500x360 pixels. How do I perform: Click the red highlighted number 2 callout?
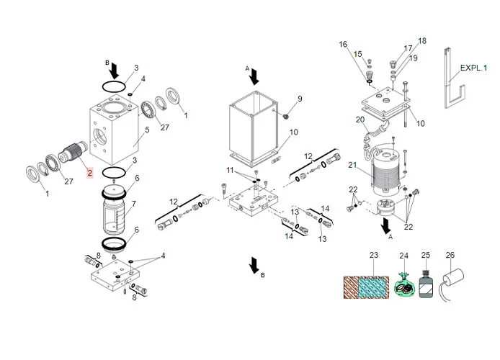click(x=89, y=173)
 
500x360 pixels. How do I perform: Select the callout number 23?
click(x=374, y=256)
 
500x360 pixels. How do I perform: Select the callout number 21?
click(x=353, y=166)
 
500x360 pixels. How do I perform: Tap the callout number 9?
click(x=300, y=99)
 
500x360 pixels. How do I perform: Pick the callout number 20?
click(x=360, y=120)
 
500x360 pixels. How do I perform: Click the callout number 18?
click(x=422, y=41)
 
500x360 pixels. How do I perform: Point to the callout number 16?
click(x=343, y=45)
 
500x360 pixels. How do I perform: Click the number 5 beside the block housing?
click(x=146, y=130)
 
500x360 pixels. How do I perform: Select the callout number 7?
click(x=133, y=204)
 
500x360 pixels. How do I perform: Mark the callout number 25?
click(x=425, y=256)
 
